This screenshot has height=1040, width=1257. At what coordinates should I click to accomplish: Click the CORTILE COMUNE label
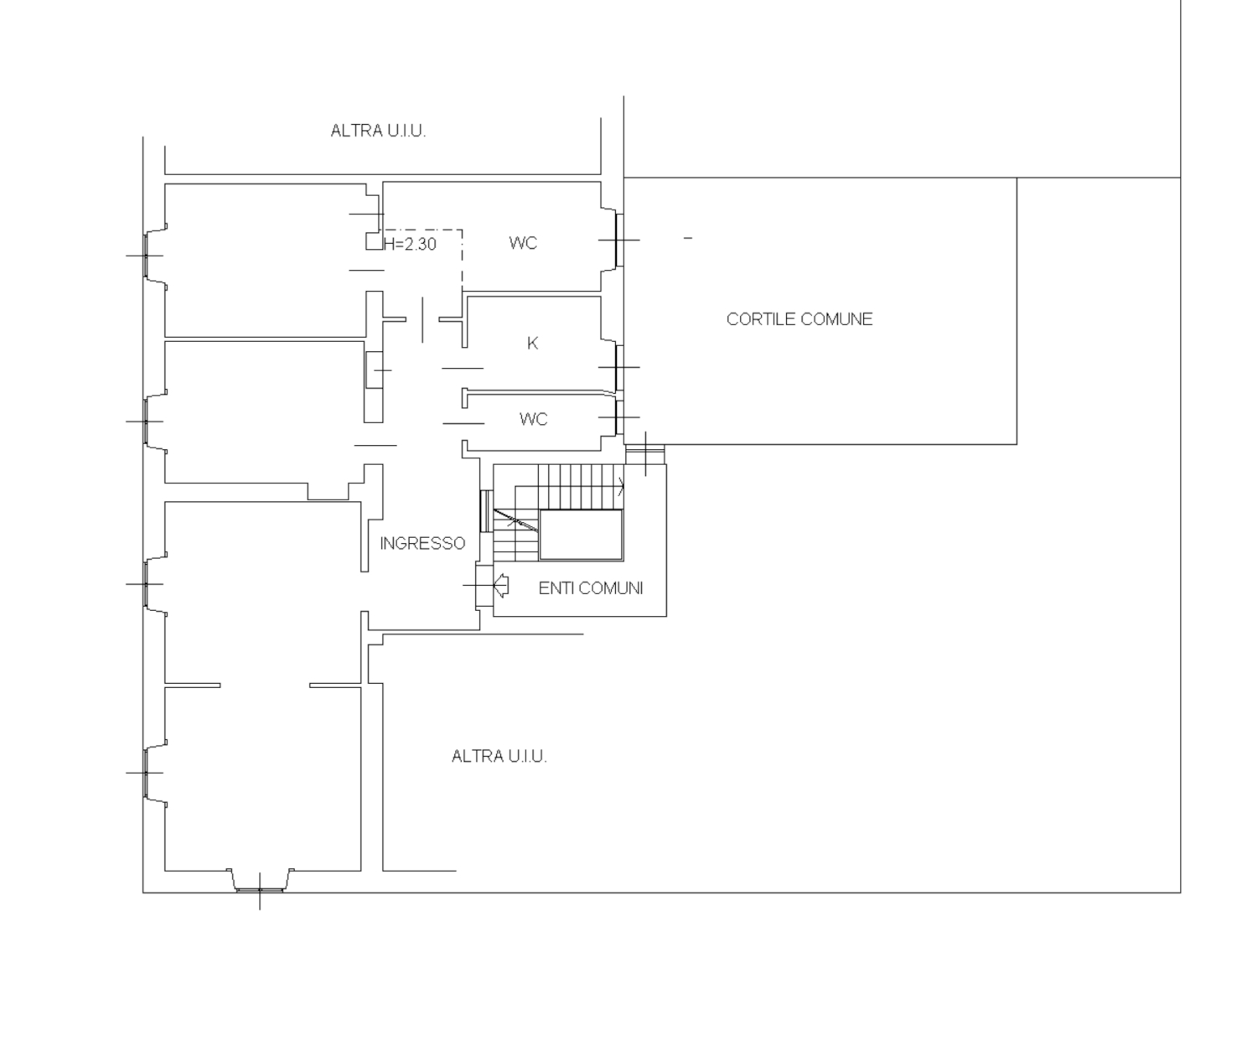tap(799, 319)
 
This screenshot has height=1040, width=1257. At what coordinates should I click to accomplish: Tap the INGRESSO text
tap(422, 543)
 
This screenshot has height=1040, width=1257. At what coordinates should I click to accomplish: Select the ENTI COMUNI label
tap(591, 588)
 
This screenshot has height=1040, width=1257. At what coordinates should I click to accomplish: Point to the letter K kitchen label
tap(532, 344)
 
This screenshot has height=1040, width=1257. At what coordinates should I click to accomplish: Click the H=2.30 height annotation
tap(410, 244)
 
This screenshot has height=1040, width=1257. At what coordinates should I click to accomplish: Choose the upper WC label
tap(523, 243)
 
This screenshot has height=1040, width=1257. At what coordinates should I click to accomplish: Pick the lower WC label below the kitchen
tap(533, 419)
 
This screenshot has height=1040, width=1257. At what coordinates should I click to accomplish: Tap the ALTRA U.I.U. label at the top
tap(378, 131)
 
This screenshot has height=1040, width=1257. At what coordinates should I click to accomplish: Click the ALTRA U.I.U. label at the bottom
tap(499, 757)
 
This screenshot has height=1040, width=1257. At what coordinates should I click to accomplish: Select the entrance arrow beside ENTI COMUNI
tap(501, 585)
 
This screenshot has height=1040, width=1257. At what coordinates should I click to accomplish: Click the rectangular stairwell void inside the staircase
tap(581, 535)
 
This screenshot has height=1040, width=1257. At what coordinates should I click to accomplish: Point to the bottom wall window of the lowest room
tap(260, 889)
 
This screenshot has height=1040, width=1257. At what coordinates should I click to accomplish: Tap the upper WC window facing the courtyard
tap(619, 240)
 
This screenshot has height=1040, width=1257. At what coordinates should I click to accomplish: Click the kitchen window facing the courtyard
tap(619, 367)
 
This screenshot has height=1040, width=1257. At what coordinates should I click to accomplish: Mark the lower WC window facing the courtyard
tap(619, 417)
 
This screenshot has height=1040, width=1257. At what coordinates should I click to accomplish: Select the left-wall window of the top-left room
tap(146, 256)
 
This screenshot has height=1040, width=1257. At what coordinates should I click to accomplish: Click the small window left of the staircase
tap(485, 511)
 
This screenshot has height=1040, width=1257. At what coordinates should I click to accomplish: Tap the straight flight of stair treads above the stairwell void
tap(581, 487)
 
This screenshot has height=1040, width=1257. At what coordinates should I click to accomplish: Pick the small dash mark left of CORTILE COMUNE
tap(687, 239)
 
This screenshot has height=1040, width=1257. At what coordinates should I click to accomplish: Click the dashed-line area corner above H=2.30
tap(462, 230)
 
